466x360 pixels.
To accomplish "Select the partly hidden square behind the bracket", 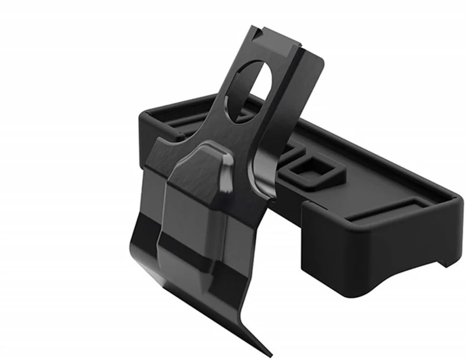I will click(287, 153).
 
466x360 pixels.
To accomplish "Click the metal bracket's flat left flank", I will click(154, 192).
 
